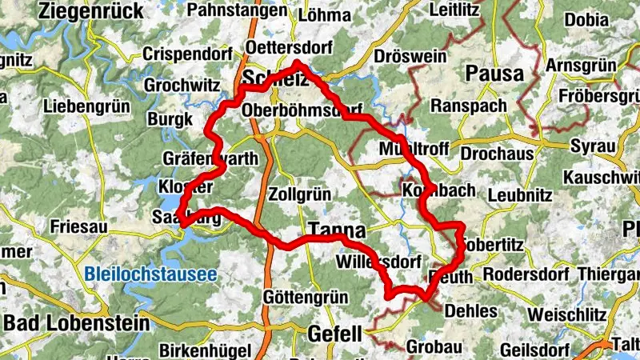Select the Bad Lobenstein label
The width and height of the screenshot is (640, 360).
[77, 323]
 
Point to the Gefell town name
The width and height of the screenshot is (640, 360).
[335, 334]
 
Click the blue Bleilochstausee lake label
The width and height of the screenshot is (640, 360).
[150, 274]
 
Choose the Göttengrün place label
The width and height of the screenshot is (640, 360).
[306, 298]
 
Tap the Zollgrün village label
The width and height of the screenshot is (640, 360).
[301, 194]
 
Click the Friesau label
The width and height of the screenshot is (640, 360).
[78, 226]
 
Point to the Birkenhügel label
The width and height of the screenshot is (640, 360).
[197, 350]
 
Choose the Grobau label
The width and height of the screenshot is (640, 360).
[434, 348]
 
